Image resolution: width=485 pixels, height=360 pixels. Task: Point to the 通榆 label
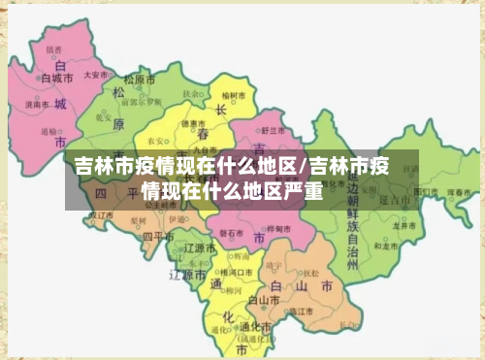click(48, 130)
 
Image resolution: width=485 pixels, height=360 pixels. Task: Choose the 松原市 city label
click(145, 79)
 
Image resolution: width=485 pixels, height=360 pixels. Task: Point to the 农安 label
click(155, 141)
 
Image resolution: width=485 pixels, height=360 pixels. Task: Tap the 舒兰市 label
click(272, 129)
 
